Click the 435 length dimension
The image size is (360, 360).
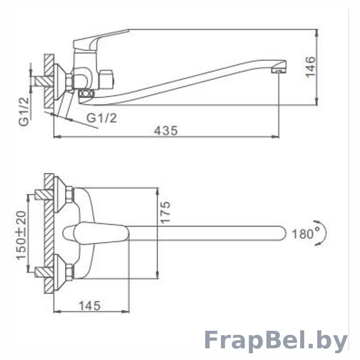click(166, 130)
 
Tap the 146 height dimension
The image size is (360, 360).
click(311, 67)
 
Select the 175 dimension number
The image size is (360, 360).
click(165, 212)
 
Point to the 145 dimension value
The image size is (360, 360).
click(90, 306)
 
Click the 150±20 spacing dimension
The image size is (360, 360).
click(22, 235)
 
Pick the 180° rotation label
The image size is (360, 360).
click(306, 234)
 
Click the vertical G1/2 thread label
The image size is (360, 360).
click(24, 112)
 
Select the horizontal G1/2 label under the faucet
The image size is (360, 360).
click(102, 118)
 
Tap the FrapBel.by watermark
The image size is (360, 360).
click(275, 342)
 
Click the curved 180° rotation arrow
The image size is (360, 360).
click(321, 233)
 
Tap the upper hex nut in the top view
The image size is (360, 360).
click(69, 196)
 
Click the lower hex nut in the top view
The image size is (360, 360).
click(69, 272)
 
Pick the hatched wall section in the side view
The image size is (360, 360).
click(49, 81)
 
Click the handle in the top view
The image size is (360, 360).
click(96, 233)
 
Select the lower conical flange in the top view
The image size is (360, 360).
click(60, 272)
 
